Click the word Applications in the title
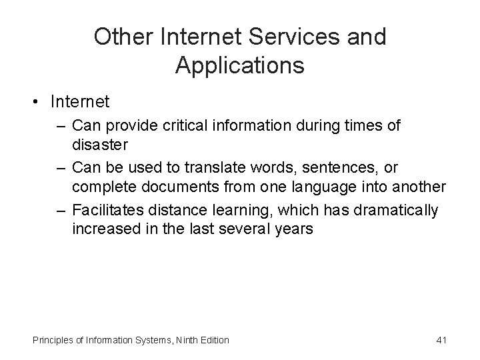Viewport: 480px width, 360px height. tap(240, 65)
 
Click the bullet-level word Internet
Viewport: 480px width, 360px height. tap(79, 103)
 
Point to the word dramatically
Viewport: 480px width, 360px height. tap(397, 211)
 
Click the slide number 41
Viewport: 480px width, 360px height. tap(440, 340)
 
